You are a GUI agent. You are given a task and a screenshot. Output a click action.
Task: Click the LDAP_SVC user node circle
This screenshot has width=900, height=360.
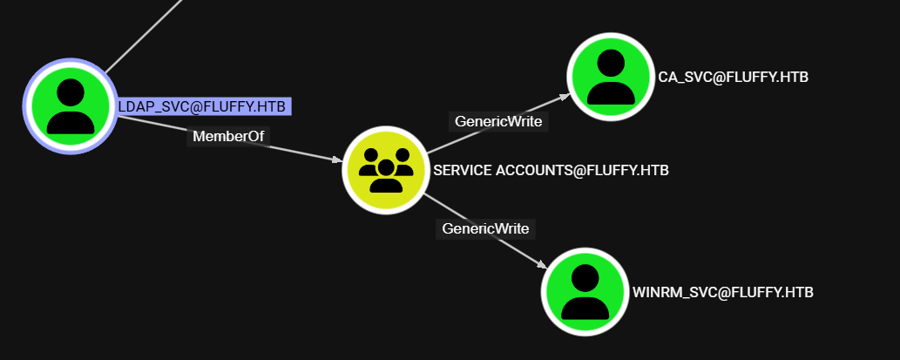click(70, 106)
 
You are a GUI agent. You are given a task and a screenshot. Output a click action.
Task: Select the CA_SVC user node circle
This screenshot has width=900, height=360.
click(610, 77)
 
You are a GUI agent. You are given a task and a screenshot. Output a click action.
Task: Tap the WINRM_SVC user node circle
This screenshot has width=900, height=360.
click(585, 292)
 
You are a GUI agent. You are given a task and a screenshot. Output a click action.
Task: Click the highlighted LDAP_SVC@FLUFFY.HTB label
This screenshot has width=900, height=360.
click(202, 106)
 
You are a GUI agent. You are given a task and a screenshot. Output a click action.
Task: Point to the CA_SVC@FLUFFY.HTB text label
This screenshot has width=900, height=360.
click(733, 77)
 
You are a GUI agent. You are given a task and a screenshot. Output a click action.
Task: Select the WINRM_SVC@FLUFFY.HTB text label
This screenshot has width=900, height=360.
click(722, 292)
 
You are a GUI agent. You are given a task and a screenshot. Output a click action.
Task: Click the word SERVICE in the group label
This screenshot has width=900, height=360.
click(462, 171)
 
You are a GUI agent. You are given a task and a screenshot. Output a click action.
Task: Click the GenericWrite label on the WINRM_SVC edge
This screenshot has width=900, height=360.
click(485, 228)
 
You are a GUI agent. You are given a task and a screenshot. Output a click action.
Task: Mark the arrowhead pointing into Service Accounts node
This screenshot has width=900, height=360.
click(335, 159)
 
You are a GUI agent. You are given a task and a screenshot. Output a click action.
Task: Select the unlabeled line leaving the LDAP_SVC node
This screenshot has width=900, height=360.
click(144, 35)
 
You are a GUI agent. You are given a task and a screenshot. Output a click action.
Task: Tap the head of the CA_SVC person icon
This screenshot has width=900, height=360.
click(611, 62)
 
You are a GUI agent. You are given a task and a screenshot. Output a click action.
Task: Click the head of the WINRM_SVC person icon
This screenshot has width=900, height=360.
click(585, 277)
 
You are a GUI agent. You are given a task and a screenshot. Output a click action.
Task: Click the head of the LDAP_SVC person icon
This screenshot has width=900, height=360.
click(70, 92)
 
